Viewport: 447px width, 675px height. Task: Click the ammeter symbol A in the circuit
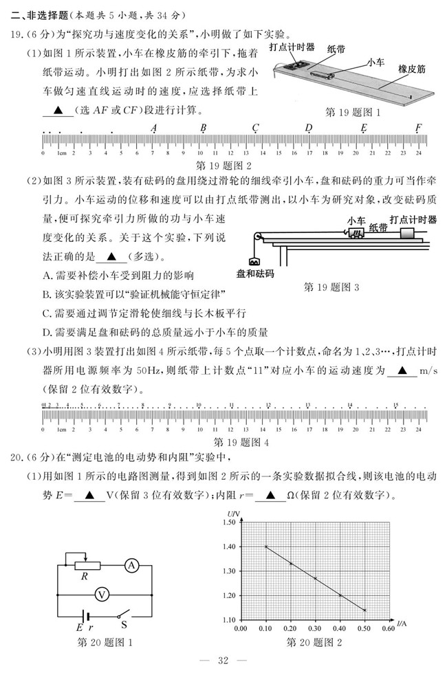pyautogui.click(x=131, y=566)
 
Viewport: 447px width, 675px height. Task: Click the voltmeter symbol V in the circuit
pyautogui.click(x=102, y=593)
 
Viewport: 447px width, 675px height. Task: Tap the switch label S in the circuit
pyautogui.click(x=124, y=626)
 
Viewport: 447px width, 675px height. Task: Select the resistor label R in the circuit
pyautogui.click(x=84, y=577)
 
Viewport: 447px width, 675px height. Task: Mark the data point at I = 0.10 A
pyautogui.click(x=266, y=546)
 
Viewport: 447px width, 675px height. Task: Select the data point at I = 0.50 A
pyautogui.click(x=364, y=610)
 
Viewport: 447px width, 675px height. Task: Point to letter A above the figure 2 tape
pyautogui.click(x=153, y=128)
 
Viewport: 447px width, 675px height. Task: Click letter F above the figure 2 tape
pyautogui.click(x=418, y=128)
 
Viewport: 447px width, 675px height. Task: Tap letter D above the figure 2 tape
pyautogui.click(x=309, y=128)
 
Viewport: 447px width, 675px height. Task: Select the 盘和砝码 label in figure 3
pyautogui.click(x=254, y=274)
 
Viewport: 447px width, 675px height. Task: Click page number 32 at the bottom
pyautogui.click(x=222, y=661)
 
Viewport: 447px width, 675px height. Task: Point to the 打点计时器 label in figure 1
pyautogui.click(x=292, y=47)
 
